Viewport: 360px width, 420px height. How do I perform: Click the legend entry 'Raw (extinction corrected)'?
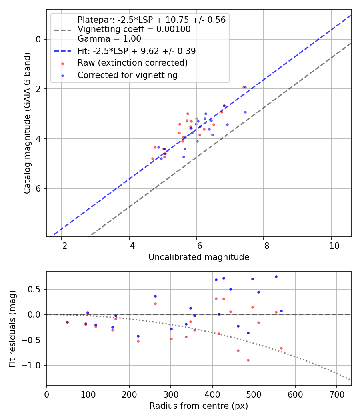132,63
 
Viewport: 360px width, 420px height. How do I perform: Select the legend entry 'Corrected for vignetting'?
127,75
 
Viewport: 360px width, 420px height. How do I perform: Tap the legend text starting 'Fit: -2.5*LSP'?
136,51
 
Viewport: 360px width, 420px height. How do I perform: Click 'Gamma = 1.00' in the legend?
109,39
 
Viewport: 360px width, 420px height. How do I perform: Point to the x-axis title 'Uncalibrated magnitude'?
199,257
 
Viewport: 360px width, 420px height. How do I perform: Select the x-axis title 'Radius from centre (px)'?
199,406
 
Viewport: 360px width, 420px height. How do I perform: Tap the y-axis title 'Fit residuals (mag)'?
13,328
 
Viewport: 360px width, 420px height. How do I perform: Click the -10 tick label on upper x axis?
331,245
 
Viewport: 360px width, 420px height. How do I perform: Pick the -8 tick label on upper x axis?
264,245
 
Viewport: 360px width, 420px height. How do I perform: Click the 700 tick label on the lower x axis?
336,394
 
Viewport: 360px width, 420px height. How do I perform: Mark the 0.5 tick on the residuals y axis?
37,289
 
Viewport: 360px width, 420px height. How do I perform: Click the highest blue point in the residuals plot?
276,276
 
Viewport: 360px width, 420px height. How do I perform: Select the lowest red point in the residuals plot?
248,360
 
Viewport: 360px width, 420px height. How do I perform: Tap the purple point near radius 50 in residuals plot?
67,322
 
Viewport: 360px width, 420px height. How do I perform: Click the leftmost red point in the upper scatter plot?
152,158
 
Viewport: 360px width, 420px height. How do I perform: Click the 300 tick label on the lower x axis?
171,394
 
